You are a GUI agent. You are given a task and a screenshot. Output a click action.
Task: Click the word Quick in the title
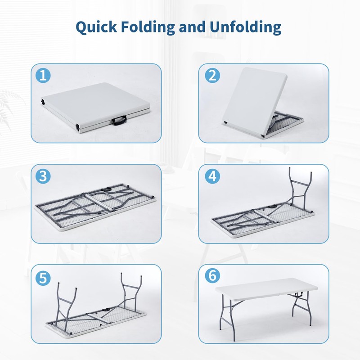pos(96,27)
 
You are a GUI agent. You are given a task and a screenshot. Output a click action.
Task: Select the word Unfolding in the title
pos(245,27)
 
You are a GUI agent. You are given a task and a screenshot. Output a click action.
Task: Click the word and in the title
pos(192,27)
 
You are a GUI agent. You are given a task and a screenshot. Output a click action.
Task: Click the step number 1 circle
pos(43,76)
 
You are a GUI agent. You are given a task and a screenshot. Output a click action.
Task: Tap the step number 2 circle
pos(212,76)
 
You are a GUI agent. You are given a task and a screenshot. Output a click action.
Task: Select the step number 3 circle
pos(43,176)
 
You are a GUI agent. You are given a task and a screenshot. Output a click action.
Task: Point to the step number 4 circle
pos(212,176)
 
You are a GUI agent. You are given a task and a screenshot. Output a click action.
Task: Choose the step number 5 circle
pos(43,278)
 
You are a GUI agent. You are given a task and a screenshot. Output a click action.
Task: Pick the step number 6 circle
pos(212,275)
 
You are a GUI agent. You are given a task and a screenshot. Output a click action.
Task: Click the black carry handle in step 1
pos(119,120)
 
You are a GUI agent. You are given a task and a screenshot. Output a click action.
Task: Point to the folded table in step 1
pos(96,108)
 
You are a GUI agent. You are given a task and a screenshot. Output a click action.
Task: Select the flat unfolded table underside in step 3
pos(96,207)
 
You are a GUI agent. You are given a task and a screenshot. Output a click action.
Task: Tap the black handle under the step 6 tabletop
pos(299,294)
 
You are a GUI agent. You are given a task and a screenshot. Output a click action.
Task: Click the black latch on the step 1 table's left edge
pos(43,102)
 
